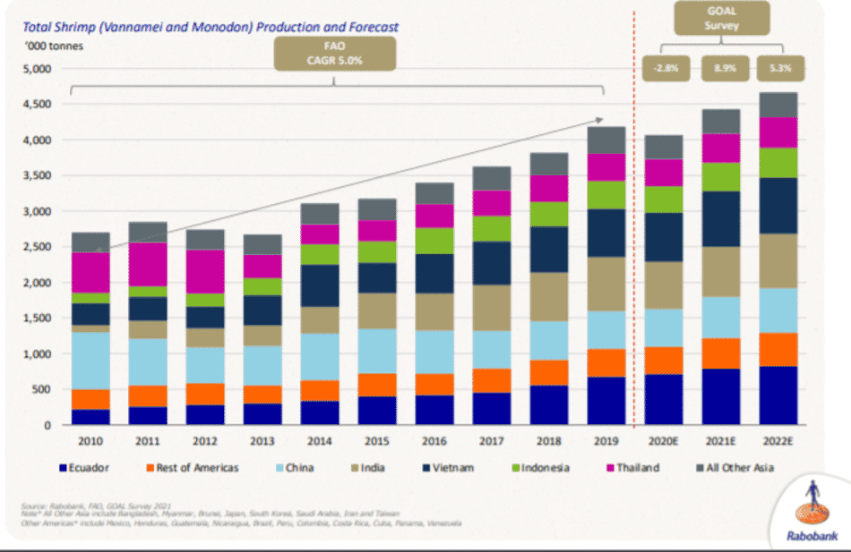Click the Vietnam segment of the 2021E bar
coord(721,219)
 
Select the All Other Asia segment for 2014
coord(320,213)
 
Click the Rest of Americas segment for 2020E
coord(664,360)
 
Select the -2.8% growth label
coord(664,67)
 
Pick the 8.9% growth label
coord(722,67)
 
